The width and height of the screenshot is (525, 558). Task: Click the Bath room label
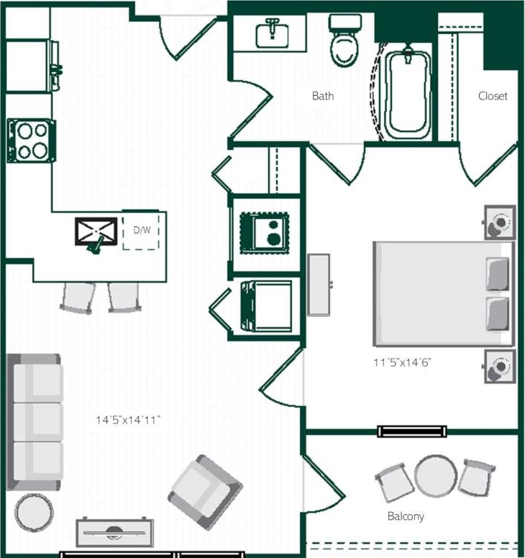(322, 96)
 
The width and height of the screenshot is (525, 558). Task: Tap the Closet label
(492, 96)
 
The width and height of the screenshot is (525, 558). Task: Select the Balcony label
(405, 516)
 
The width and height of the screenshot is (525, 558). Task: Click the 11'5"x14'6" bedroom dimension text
(402, 363)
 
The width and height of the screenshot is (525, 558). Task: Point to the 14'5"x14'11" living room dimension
(128, 420)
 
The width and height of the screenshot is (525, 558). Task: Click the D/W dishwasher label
(141, 230)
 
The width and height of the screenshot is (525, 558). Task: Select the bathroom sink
(271, 33)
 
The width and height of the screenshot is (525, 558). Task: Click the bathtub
(406, 95)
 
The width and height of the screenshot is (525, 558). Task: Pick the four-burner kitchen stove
(31, 141)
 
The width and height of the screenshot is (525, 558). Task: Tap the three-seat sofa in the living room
(35, 422)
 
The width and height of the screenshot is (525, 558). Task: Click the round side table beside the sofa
(34, 513)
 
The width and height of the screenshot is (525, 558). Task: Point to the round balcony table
(434, 476)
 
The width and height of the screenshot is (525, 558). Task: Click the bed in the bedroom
(443, 293)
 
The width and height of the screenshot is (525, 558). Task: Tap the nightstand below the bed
(500, 366)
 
